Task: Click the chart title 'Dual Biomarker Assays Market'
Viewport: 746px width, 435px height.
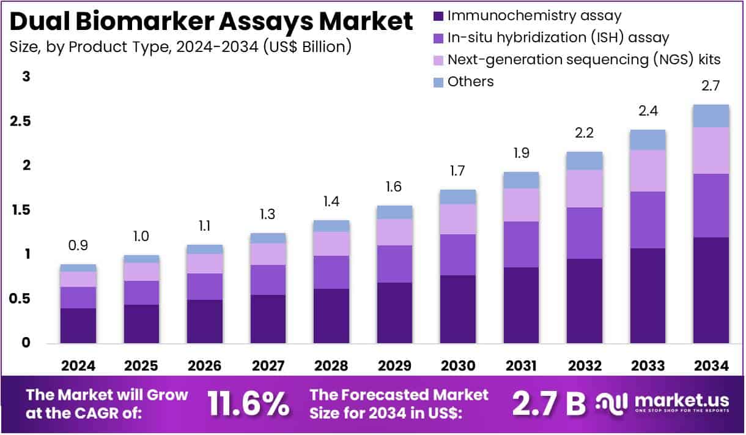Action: coord(212,22)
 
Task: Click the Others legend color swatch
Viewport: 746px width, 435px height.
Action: coord(438,82)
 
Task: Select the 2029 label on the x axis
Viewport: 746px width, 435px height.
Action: coord(394,366)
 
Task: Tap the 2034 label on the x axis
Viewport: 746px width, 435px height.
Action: coord(711,366)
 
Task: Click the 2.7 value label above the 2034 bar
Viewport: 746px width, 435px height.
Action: coord(711,86)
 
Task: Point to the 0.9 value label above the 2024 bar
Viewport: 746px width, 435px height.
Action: coord(78,245)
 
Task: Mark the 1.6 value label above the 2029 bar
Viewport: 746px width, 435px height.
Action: coord(394,187)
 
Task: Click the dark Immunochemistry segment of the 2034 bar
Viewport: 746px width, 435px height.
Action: coord(711,290)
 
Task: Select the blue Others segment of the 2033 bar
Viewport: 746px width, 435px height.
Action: coord(648,140)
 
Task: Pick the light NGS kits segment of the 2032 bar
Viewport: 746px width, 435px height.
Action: coord(585,188)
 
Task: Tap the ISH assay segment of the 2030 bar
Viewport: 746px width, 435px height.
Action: coord(458,255)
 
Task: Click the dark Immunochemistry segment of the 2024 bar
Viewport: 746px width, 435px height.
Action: coord(78,325)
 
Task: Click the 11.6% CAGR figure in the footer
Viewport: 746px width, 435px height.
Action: coord(248,403)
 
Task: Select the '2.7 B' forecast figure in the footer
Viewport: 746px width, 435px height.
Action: coord(548,403)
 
